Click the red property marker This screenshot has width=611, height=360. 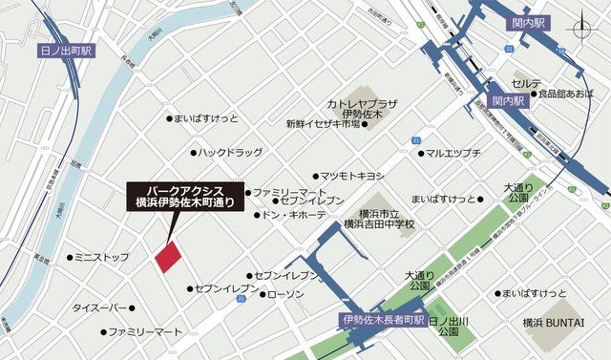[x=168, y=257]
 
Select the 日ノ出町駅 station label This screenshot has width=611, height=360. [x=66, y=50]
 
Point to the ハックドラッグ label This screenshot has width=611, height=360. [x=229, y=152]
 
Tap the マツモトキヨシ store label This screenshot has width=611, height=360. [x=351, y=176]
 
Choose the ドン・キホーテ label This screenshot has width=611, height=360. [x=294, y=215]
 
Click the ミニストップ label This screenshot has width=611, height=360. [x=102, y=258]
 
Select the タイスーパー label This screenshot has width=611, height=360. [x=99, y=308]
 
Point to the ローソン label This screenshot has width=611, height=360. [x=285, y=294]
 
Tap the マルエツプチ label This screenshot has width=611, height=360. [x=453, y=152]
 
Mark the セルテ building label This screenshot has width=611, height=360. [x=526, y=84]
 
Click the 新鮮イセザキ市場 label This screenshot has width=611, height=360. [x=323, y=124]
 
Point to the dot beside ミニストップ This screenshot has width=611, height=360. [x=70, y=258]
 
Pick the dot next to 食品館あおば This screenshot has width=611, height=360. [x=533, y=94]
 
